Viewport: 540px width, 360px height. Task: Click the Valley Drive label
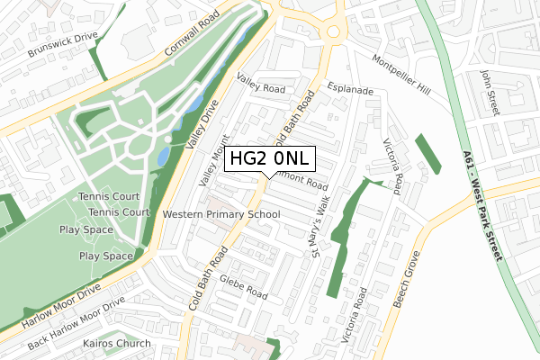pyautogui.click(x=202, y=131)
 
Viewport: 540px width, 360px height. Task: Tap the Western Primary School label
pyautogui.click(x=221, y=214)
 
